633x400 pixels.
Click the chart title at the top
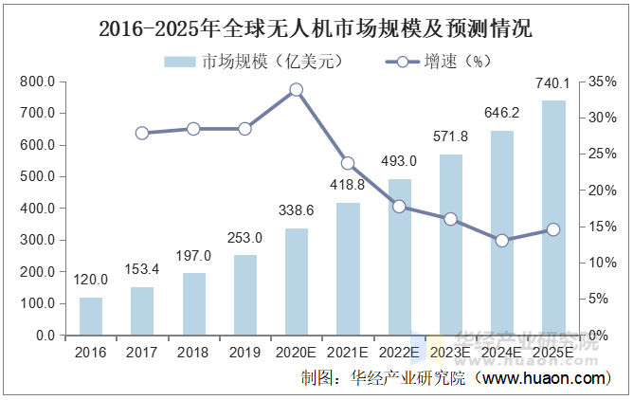tap(316, 28)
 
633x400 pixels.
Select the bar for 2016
tap(91, 316)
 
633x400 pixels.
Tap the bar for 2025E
tap(553, 218)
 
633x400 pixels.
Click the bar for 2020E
tap(297, 282)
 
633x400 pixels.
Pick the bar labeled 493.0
tap(400, 257)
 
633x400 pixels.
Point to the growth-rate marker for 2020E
tap(297, 90)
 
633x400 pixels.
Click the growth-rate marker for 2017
tap(142, 133)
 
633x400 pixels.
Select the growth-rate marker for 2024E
tap(502, 241)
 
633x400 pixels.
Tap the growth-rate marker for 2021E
tap(348, 163)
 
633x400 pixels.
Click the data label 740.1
tap(553, 82)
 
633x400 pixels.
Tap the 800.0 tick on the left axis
tap(38, 82)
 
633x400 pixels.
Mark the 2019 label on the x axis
tap(245, 352)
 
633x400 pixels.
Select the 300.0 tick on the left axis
tap(38, 240)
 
